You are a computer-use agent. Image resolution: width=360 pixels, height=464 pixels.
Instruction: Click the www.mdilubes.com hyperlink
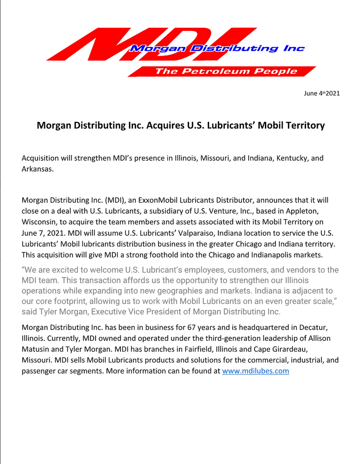click(x=255, y=371)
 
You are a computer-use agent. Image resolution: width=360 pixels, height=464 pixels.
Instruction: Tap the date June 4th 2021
click(x=322, y=93)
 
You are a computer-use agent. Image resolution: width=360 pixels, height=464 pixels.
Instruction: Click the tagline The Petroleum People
click(x=226, y=72)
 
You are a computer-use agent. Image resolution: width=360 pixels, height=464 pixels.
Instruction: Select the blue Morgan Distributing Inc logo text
click(x=217, y=48)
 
